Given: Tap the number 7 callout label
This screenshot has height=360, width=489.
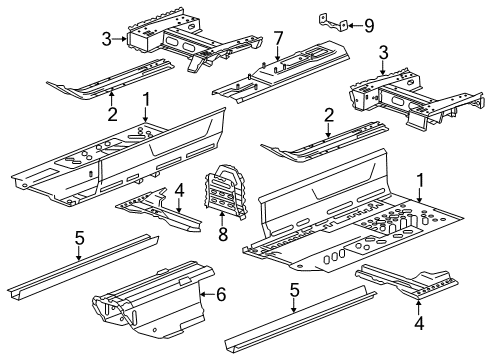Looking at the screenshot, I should pyautogui.click(x=278, y=37).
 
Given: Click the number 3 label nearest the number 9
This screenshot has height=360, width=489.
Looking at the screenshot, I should pyautogui.click(x=383, y=53).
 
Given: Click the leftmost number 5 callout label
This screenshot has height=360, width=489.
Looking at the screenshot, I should pyautogui.click(x=79, y=239).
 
